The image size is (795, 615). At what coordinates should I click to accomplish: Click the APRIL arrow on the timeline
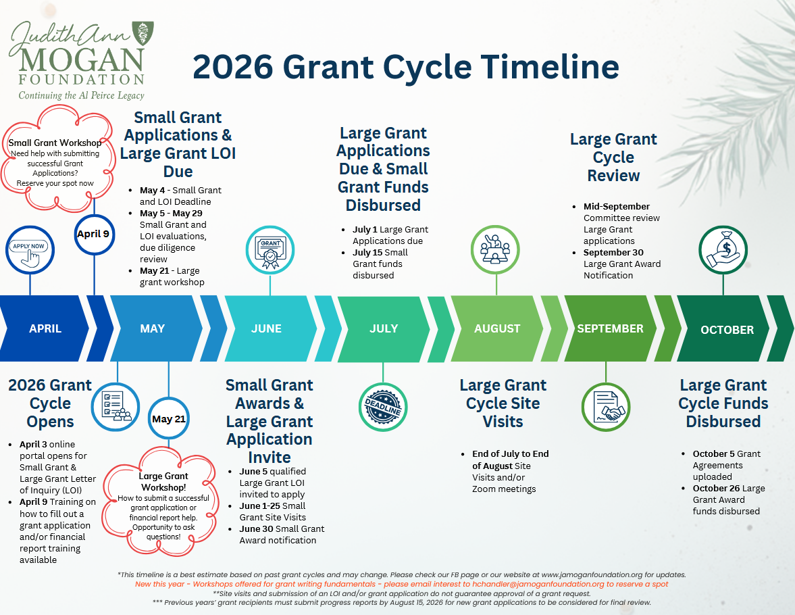tap(45, 328)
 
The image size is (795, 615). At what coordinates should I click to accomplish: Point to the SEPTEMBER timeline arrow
tap(610, 328)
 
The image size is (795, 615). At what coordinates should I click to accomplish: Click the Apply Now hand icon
tap(30, 250)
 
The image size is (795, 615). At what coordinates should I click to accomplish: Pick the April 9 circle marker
tap(95, 234)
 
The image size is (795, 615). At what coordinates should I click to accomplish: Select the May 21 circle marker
tap(169, 418)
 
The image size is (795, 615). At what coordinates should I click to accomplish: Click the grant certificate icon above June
tap(270, 250)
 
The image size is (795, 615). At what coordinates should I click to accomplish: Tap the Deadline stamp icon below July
tap(383, 407)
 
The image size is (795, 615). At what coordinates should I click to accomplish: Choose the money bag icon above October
tap(723, 250)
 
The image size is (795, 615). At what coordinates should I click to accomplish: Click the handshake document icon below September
tap(606, 407)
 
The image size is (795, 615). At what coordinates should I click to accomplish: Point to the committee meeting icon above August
tap(495, 250)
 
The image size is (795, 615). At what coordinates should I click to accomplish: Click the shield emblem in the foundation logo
tap(143, 33)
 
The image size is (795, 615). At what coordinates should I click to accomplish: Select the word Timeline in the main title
tap(550, 66)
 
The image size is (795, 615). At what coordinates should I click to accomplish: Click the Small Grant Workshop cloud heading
tap(55, 143)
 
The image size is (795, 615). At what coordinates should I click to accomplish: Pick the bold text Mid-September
tap(617, 207)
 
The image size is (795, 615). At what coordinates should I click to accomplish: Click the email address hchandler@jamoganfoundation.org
tap(538, 584)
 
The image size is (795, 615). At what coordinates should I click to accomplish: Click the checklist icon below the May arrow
tap(116, 407)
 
